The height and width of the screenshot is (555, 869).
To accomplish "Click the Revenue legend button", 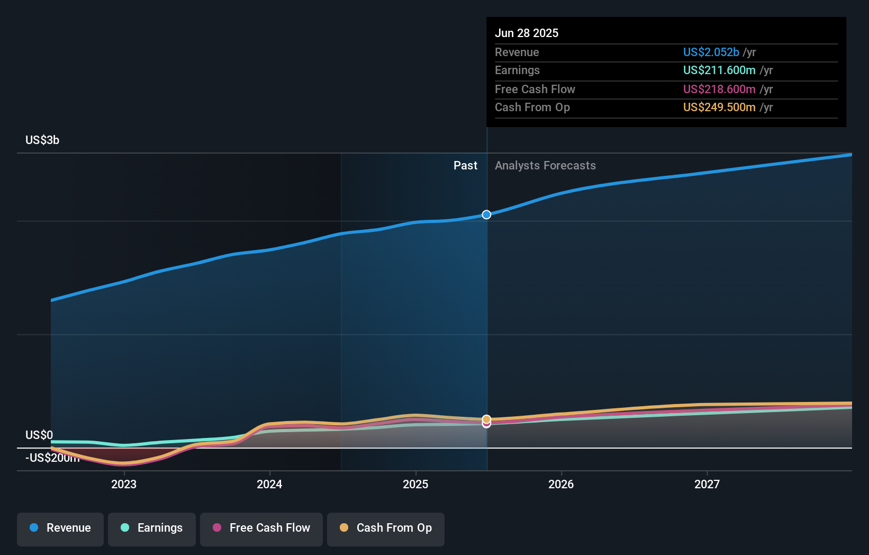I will click(x=60, y=528).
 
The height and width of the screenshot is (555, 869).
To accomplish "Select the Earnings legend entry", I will click(x=152, y=528).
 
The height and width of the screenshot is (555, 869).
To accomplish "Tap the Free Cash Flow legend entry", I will click(x=261, y=528).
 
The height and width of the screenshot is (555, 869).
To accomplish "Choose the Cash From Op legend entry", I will click(x=386, y=528).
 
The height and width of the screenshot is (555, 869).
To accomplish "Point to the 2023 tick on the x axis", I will click(x=124, y=484).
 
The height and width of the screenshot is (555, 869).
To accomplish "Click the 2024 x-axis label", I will click(x=269, y=484).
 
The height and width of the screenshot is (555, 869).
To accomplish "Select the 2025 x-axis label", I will click(x=415, y=484).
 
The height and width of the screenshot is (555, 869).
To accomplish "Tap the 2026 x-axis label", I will click(x=561, y=484).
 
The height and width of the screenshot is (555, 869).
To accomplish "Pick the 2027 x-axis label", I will click(x=707, y=484).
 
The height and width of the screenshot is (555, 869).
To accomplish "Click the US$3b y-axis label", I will click(x=42, y=140).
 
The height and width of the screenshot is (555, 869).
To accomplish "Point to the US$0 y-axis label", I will click(x=39, y=435).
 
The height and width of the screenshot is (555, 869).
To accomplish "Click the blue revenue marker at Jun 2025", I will click(x=486, y=214).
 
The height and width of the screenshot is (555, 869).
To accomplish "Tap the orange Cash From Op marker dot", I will click(x=486, y=419).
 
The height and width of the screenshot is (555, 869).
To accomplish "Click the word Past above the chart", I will click(x=465, y=166).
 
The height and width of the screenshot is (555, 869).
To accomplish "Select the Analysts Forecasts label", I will click(x=545, y=166).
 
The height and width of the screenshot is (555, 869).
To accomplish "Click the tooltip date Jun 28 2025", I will click(x=527, y=33).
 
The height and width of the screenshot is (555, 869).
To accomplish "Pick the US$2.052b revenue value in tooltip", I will click(x=711, y=52).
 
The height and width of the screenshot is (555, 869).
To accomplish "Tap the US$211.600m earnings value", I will click(x=719, y=70).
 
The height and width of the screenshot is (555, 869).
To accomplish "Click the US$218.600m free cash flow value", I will click(x=719, y=89).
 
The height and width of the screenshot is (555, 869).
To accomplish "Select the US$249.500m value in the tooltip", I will click(x=719, y=108).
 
